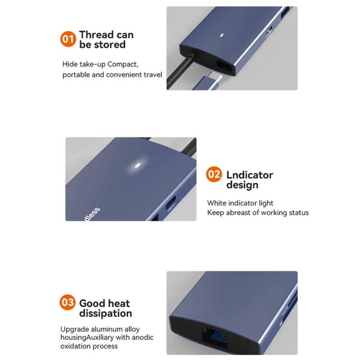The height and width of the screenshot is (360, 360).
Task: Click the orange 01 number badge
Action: (68, 39)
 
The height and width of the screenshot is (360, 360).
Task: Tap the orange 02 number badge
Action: (214, 174)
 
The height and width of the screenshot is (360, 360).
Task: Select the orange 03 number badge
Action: (68, 302)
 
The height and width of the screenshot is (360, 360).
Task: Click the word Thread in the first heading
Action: (97, 35)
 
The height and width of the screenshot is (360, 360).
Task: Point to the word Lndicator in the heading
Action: (250, 175)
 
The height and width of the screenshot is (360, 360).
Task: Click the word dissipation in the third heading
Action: (106, 313)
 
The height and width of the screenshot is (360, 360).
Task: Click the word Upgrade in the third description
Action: (74, 329)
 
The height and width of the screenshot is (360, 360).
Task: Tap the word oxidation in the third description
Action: (76, 346)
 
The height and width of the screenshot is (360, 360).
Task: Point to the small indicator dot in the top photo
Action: (222, 35)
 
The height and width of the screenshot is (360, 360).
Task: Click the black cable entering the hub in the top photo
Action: (175, 72)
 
